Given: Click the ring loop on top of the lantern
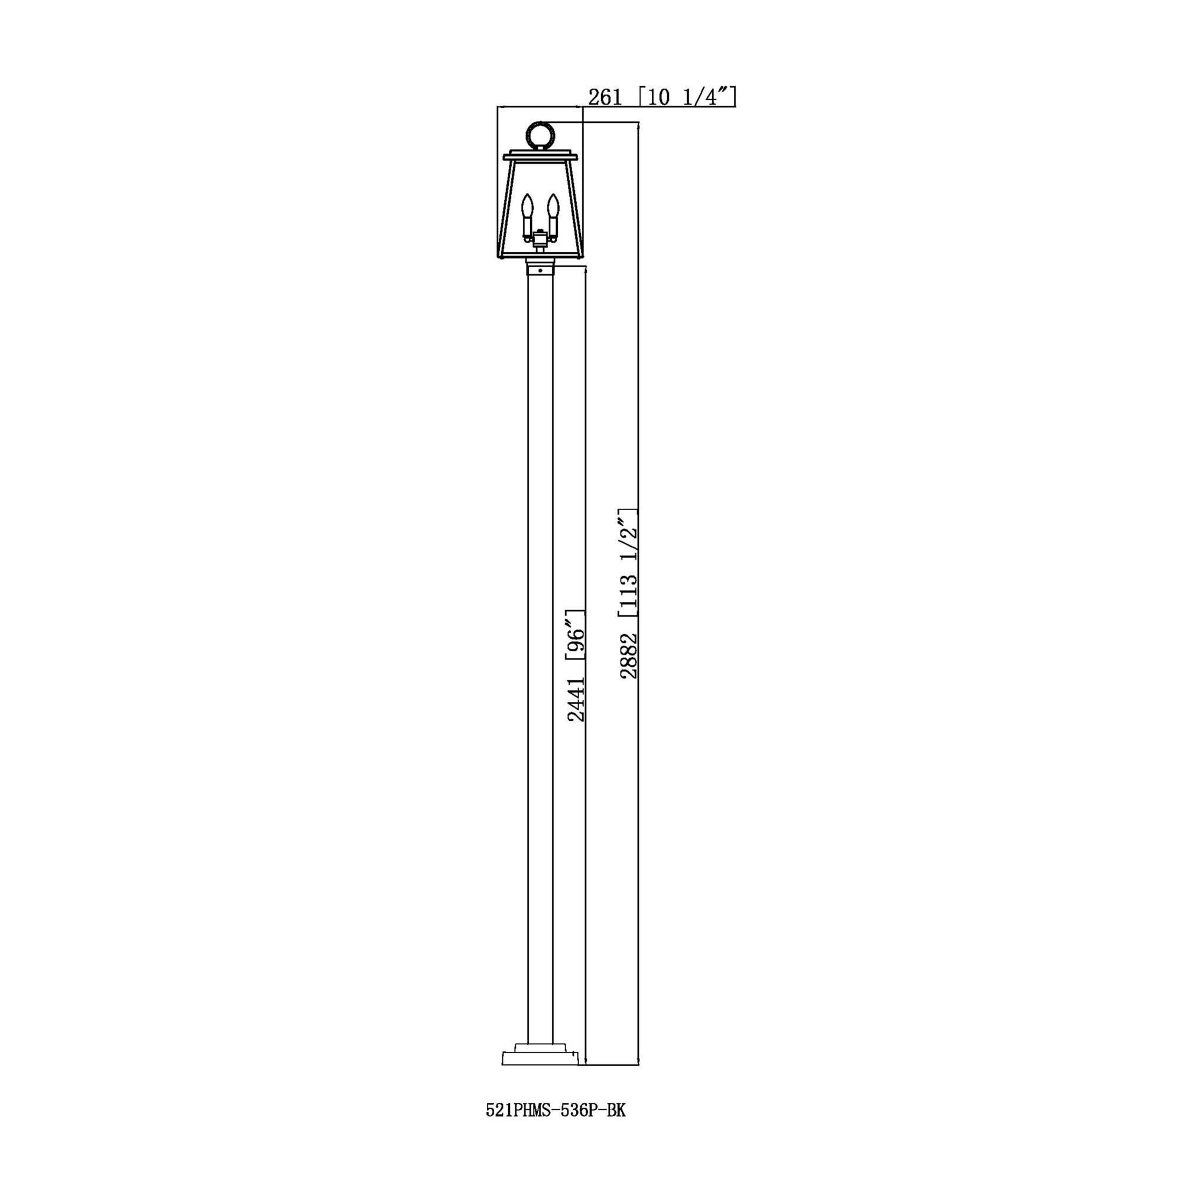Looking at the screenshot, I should (540, 134).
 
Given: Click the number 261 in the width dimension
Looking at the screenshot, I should (605, 98).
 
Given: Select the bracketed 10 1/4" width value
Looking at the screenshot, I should (686, 98).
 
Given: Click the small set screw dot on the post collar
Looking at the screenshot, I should (540, 270).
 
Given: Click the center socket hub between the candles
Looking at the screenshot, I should (540, 236).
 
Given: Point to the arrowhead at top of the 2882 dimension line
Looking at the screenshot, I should (639, 125).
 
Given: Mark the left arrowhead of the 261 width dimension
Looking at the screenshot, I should (500, 107).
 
